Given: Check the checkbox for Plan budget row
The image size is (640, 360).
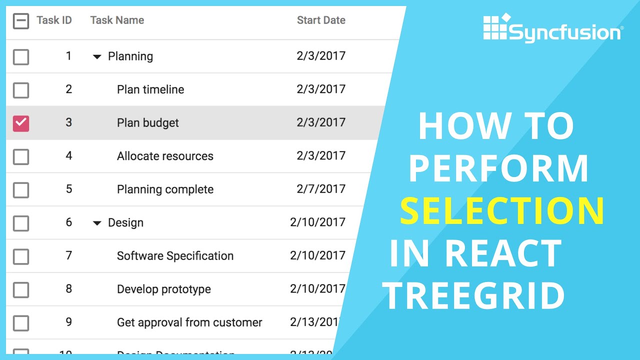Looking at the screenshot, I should [x=21, y=123].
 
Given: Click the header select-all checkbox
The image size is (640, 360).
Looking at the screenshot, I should [x=21, y=21].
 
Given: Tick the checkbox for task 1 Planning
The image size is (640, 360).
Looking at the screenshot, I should [x=21, y=57].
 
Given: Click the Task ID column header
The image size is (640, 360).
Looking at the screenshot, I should [x=54, y=20].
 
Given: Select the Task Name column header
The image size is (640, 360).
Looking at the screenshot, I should [x=117, y=20].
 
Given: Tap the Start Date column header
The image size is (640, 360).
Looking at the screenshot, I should [x=321, y=20].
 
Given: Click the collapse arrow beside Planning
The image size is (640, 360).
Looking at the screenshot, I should [x=97, y=57].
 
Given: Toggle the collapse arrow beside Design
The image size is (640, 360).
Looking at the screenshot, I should [x=97, y=223].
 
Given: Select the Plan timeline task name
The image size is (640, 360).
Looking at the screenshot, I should [x=150, y=89].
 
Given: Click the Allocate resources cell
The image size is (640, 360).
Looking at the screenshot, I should [x=165, y=156].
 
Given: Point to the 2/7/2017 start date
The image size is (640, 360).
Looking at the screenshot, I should [x=321, y=189].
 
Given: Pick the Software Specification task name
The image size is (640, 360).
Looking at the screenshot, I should [x=175, y=256].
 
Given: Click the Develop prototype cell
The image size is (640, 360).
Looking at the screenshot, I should [x=164, y=289].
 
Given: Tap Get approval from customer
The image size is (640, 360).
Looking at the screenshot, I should [x=189, y=322].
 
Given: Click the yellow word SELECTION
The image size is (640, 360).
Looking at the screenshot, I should [x=502, y=211].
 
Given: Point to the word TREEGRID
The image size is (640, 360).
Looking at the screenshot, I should [x=475, y=296].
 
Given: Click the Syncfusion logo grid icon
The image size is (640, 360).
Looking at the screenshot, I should [x=495, y=27].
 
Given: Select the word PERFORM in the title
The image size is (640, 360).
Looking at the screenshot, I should [x=499, y=168].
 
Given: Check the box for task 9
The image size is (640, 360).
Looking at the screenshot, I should [x=21, y=323].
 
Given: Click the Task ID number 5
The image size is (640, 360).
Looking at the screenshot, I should [x=69, y=189].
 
